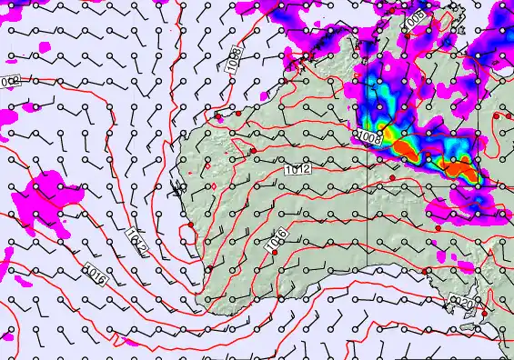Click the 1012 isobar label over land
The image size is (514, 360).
tap(298, 169)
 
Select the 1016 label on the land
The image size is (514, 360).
tap(277, 241)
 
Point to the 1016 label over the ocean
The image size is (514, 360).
tap(96, 271)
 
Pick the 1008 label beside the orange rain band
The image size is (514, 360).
tap(369, 137)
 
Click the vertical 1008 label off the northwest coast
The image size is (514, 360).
tap(234, 59)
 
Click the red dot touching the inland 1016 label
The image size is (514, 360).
tap(275, 253)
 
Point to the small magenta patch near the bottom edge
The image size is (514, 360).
tap(117, 343)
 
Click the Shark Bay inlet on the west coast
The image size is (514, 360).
tap(176, 191)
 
